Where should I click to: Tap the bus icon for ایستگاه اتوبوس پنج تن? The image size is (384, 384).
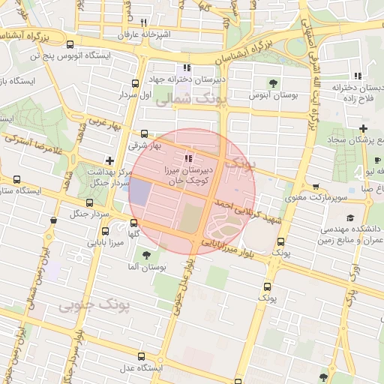coord(70,44)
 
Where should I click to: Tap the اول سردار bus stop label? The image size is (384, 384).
coord(135,96)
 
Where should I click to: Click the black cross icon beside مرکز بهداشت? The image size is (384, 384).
coord(110,160)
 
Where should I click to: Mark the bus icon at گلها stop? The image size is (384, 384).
coord(134,222)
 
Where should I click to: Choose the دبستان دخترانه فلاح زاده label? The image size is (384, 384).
coord(358,89)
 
